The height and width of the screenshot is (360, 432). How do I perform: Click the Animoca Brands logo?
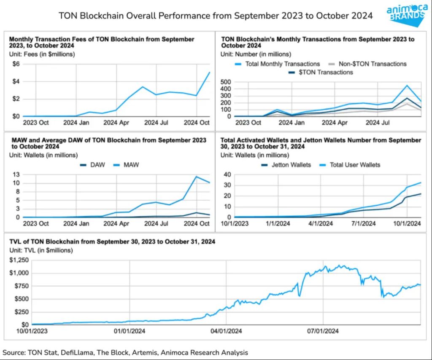point(405,13)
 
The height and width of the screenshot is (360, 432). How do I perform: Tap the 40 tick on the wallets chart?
point(227,175)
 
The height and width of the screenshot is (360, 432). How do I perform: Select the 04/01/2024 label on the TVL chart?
point(227,331)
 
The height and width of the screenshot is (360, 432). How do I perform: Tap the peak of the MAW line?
point(196,176)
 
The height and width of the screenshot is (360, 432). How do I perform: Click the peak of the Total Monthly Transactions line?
point(407,86)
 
